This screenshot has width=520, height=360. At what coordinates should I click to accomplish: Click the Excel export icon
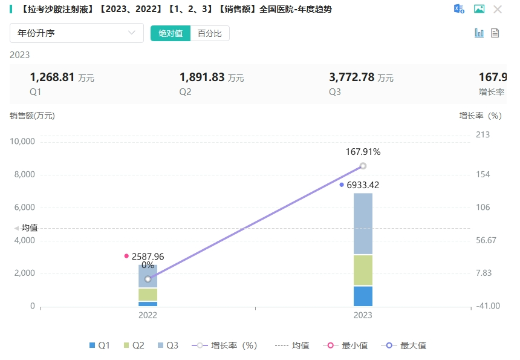pos(459,9)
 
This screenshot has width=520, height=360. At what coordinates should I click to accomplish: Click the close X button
pos(498,9)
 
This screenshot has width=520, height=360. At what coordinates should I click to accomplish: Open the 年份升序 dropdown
pos(77,33)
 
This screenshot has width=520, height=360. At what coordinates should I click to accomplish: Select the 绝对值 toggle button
pos(171,33)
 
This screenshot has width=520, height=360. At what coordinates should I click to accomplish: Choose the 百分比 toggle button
pos(210,33)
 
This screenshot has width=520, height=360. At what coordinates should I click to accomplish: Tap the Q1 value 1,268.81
pos(52,77)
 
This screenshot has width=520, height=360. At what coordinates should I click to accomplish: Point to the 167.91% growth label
pos(363,152)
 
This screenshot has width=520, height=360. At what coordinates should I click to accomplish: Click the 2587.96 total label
pos(148,257)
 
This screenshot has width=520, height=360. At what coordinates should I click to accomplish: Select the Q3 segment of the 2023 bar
pos(363,223)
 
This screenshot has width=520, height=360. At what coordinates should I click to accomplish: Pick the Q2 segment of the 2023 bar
pos(363,270)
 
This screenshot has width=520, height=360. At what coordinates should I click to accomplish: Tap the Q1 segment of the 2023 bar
pos(363,296)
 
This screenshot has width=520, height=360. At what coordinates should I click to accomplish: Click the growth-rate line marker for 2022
pos(148,279)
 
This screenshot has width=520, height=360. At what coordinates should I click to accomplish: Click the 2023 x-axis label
pos(363,315)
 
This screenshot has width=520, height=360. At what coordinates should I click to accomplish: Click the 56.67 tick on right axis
pos(486,240)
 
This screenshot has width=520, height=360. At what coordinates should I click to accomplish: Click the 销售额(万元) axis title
pos(32,116)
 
